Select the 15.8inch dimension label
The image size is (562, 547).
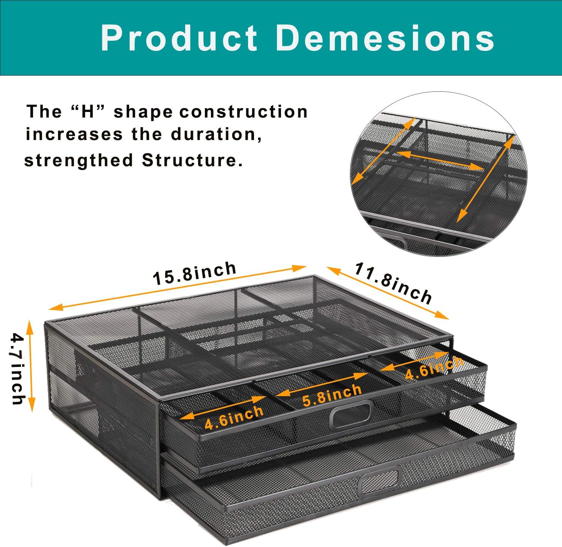[x=195, y=273]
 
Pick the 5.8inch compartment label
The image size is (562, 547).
[x=332, y=395]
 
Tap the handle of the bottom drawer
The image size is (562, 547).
[x=380, y=480]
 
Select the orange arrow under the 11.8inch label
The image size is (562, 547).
[x=388, y=293]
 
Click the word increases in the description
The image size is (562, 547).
[x=74, y=134]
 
